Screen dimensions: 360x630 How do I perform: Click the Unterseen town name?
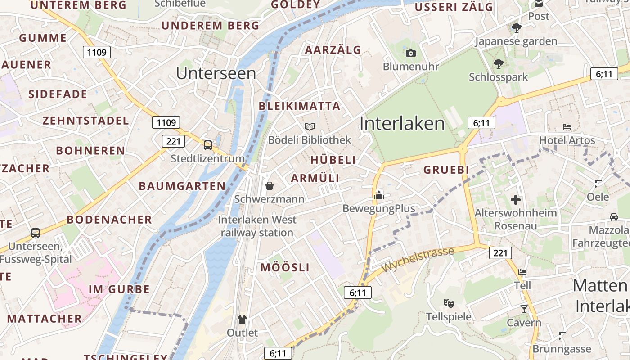[216, 73]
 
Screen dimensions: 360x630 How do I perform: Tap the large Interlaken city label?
[402, 123]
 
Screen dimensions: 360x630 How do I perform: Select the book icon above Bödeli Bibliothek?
[310, 126]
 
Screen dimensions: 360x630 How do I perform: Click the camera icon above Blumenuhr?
[410, 53]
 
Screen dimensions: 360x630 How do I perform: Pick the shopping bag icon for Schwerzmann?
[270, 185]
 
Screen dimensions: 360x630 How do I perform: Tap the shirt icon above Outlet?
[242, 319]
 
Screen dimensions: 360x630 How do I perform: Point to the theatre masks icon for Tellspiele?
[448, 302]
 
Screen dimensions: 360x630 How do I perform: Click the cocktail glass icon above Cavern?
[524, 309]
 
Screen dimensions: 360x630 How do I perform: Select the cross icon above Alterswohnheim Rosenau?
[516, 199]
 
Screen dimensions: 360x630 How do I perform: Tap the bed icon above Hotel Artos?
[567, 127]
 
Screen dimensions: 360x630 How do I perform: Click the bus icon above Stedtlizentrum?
[207, 145]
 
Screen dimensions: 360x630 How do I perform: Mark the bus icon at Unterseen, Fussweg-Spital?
[36, 233]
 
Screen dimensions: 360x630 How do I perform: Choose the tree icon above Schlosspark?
[498, 63]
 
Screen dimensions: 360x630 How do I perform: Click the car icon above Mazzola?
[613, 217]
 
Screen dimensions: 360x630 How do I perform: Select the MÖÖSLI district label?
[285, 267]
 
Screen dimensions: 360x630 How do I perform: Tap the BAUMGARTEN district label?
[182, 186]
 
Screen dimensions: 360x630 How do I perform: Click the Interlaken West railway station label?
[257, 226]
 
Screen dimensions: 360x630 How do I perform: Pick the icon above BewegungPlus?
[378, 195]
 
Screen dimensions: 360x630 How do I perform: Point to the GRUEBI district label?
[446, 170]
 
